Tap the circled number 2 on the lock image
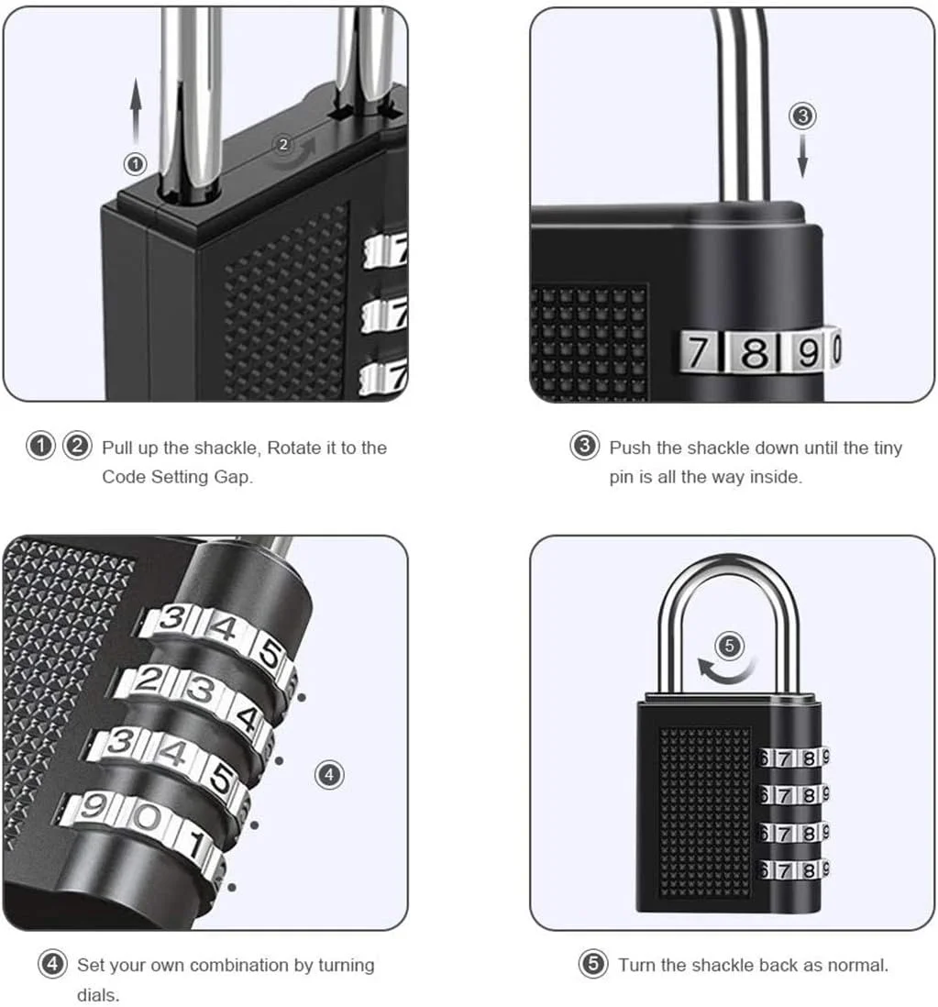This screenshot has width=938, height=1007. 283,145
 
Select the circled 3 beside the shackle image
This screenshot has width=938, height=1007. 802,116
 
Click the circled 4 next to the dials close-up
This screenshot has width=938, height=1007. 329,775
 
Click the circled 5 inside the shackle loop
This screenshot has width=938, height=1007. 729,646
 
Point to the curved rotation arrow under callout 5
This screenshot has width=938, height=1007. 725,674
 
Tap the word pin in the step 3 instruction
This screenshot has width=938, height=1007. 621,477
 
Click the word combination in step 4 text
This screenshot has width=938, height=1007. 239,965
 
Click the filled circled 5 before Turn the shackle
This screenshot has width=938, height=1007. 593,964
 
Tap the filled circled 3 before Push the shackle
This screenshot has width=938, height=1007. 584,447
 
